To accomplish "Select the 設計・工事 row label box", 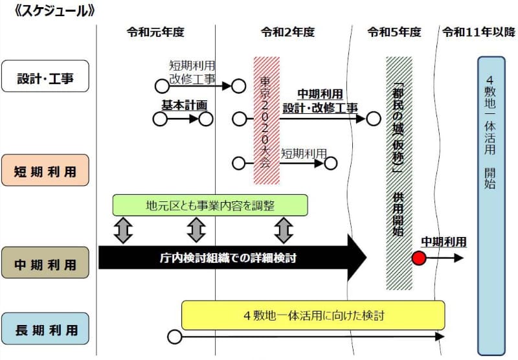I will [x=45, y=79].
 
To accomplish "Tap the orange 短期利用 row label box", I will [x=45, y=172].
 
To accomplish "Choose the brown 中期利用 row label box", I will [x=45, y=264].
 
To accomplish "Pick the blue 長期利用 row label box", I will [x=45, y=331].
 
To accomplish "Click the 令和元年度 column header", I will [x=155, y=32].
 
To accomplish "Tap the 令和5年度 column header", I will [x=394, y=32].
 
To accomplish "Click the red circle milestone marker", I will [x=418, y=258].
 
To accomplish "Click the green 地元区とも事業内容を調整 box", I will [x=210, y=205].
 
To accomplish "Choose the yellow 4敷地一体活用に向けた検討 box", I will [x=313, y=315].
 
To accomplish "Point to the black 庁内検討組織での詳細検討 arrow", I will [x=227, y=258].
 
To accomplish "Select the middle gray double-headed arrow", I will [x=196, y=230].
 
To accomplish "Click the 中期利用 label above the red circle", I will [x=444, y=242].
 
